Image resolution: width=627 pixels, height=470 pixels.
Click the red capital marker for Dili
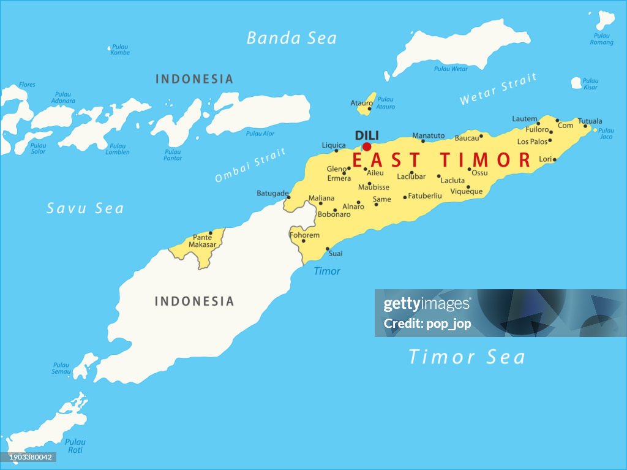[x=367, y=146]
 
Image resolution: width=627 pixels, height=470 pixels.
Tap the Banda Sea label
[x=291, y=38]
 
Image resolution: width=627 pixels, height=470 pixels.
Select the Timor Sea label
[x=467, y=357]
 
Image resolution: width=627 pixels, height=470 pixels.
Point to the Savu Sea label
[x=85, y=208]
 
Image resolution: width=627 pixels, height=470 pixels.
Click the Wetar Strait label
[x=498, y=89]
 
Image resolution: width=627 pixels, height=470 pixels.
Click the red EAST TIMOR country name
[x=441, y=160]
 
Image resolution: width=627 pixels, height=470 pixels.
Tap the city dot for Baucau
[x=481, y=136]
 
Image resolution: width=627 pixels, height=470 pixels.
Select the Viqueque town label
[x=467, y=192]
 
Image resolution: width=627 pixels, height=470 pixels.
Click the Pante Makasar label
[x=202, y=241]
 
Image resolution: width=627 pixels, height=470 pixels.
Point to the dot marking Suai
[x=328, y=249]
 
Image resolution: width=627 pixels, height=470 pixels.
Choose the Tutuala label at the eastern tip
[x=590, y=121]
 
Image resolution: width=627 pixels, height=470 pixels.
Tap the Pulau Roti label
[x=75, y=445]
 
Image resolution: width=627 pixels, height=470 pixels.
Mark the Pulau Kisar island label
[x=590, y=83]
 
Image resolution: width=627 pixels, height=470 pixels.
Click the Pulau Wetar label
[x=451, y=69]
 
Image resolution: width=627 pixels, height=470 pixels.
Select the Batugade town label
[x=272, y=194]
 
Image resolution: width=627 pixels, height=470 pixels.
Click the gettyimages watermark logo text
[x=427, y=305]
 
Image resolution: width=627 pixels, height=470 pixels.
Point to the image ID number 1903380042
[x=28, y=457]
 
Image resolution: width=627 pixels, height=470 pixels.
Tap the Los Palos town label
[x=531, y=142]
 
